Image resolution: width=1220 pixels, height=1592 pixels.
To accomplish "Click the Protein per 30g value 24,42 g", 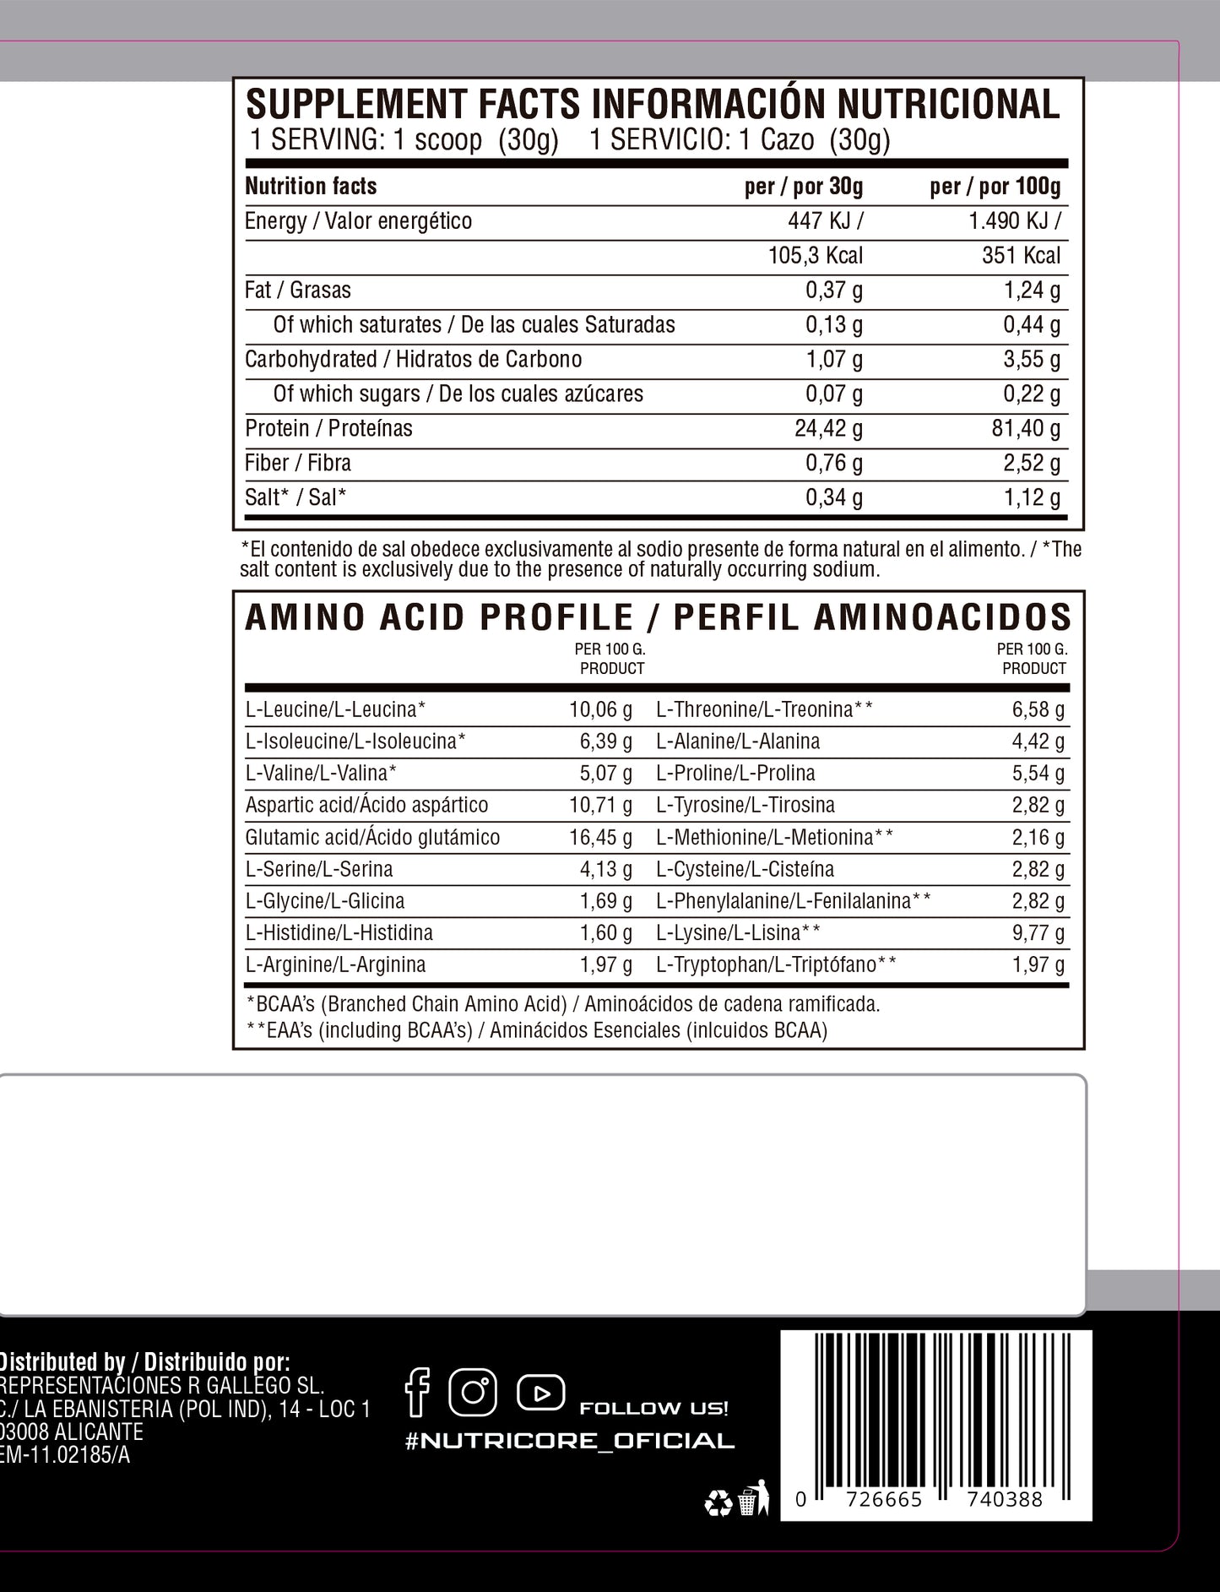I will pos(828,429).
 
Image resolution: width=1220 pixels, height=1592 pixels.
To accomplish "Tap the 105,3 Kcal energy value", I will pos(816,256).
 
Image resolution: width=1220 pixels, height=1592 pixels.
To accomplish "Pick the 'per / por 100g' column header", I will pos(995,187).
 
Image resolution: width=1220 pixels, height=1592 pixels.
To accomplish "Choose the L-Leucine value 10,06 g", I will pos(600,709).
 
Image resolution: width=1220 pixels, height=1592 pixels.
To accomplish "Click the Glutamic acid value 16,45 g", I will pos(600,837).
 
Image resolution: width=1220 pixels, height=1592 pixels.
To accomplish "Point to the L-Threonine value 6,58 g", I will pos(1038,709).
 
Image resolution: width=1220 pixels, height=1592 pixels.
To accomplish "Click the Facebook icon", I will pos(418,1393).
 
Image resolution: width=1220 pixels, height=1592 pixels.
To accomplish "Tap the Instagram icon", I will pos(473,1392).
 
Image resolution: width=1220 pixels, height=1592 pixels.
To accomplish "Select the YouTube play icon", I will pos(541,1392).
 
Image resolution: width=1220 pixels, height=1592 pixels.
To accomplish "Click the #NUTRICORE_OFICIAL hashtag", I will pos(570,1442).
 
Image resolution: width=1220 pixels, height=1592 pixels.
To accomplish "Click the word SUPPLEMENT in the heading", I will pos(355,105).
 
